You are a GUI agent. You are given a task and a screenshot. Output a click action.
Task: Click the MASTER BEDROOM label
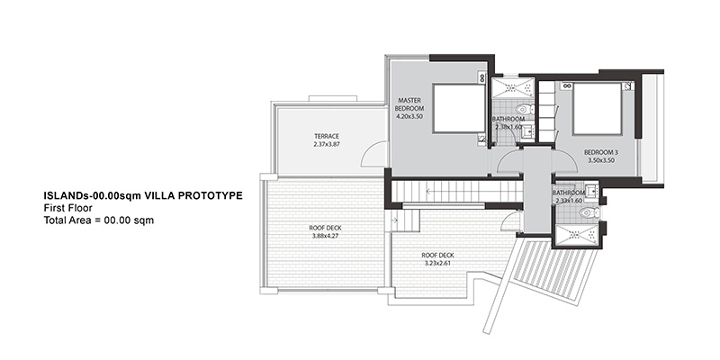click(x=409, y=104)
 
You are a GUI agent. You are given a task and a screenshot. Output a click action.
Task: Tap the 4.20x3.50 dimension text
click(x=409, y=117)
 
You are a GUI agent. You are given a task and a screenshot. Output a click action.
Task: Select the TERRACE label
click(x=327, y=137)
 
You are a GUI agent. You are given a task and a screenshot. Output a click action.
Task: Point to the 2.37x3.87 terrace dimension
click(x=327, y=144)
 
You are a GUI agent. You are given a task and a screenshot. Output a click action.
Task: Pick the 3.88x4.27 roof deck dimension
click(x=325, y=237)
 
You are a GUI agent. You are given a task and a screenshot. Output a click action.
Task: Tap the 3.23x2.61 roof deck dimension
click(x=438, y=264)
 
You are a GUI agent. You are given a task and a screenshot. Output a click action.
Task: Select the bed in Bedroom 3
click(x=597, y=109)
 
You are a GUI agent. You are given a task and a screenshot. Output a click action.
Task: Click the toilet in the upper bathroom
click(x=524, y=109)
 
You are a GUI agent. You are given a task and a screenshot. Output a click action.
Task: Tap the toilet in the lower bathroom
click(x=589, y=212)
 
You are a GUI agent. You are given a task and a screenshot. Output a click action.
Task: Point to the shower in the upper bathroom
click(x=513, y=87)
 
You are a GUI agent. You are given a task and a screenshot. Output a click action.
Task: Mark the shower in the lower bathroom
click(x=577, y=236)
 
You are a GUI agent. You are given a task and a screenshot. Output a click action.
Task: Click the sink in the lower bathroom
click(x=591, y=191)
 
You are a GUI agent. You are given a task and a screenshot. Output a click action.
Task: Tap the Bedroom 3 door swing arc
click(x=567, y=158)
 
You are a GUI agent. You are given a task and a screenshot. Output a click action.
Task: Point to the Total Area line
click(x=99, y=220)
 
